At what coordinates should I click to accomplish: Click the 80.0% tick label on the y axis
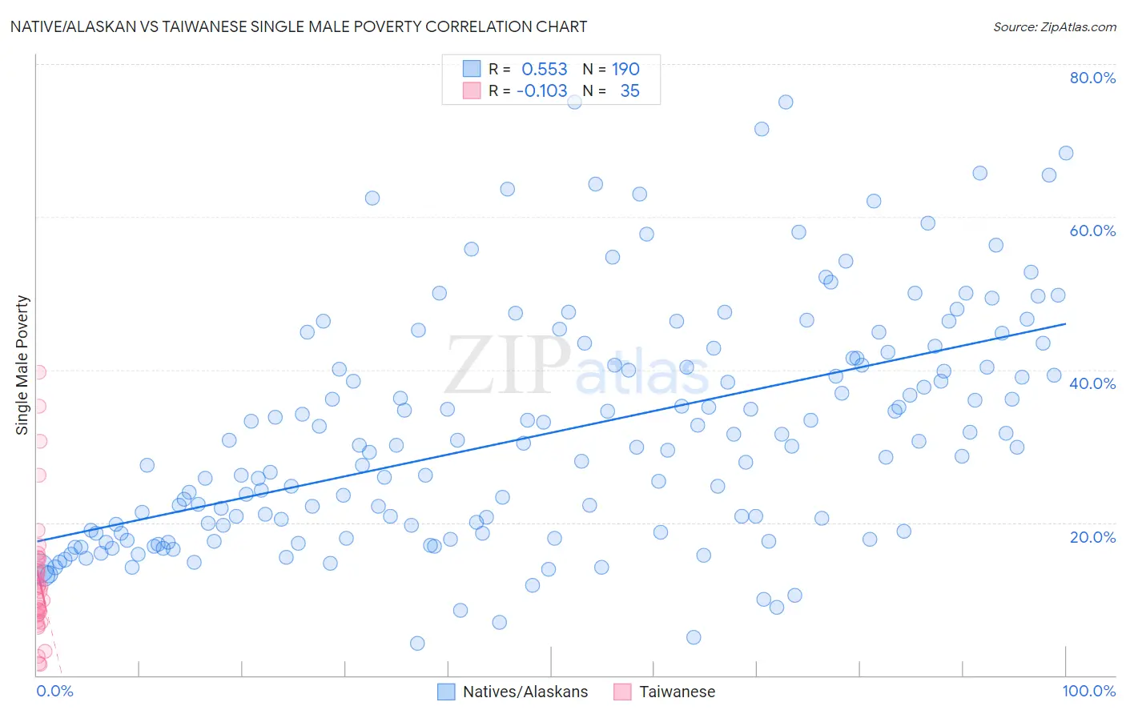click(x=1092, y=78)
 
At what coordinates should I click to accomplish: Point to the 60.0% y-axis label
click(x=1092, y=231)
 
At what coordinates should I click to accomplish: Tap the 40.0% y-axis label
click(x=1092, y=383)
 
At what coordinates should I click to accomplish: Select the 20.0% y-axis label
click(x=1092, y=536)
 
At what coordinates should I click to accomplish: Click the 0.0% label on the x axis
click(x=54, y=691)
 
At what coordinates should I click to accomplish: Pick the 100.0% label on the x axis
click(x=1088, y=691)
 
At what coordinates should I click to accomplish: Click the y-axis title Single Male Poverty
click(x=22, y=365)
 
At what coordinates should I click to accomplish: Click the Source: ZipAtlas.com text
click(x=1054, y=27)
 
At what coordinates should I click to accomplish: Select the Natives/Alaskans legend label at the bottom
click(x=525, y=692)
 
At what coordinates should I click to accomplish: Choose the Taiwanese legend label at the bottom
click(x=677, y=692)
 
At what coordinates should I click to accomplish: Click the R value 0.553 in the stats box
click(x=545, y=70)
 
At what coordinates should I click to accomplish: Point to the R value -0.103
click(x=541, y=91)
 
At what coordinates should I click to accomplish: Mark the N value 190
click(x=625, y=70)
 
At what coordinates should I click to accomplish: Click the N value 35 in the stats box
click(x=629, y=91)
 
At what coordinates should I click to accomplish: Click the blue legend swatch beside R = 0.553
click(x=472, y=69)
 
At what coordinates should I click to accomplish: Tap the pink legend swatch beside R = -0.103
click(x=472, y=90)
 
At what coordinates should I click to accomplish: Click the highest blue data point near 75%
click(x=786, y=102)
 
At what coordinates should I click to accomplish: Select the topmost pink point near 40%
click(x=38, y=371)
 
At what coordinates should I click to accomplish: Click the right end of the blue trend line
click(x=1065, y=323)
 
